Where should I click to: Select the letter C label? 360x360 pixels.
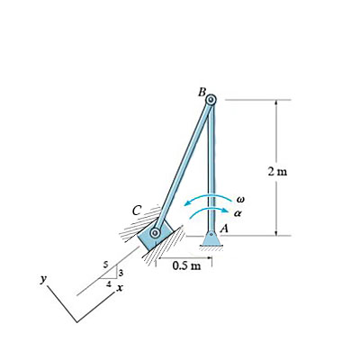point(137,211)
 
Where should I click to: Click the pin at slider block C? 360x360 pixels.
point(156,233)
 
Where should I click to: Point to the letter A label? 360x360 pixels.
point(223,229)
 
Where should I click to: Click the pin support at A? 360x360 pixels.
point(211,238)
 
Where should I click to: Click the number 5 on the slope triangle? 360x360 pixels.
point(106,265)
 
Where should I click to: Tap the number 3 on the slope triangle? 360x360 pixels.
point(120,272)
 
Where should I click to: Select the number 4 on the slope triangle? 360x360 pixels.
point(110,283)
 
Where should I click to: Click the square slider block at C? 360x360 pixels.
point(154,234)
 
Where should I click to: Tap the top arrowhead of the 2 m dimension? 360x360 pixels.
point(275,103)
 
